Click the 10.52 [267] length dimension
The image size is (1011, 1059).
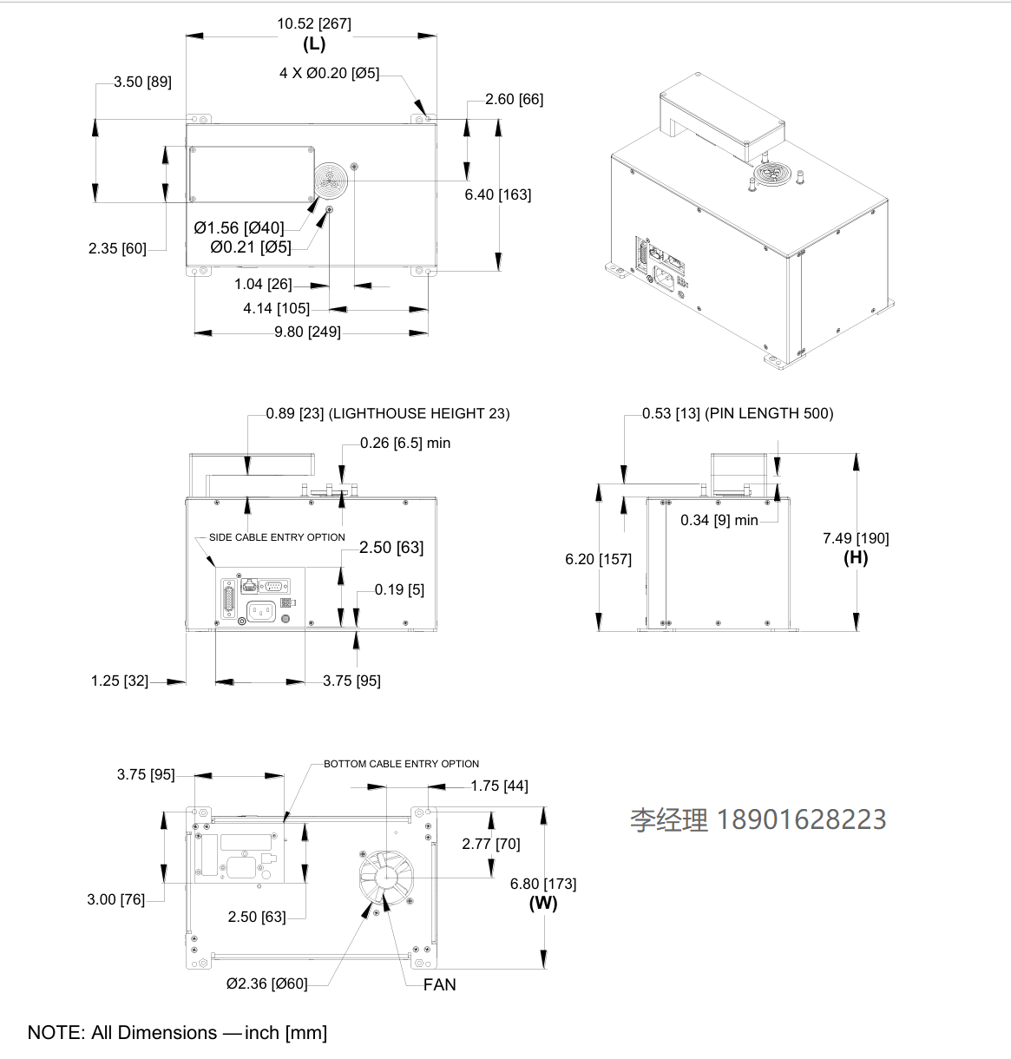(313, 23)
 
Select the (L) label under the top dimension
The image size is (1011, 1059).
(313, 43)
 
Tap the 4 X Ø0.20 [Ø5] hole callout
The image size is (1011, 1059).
(329, 73)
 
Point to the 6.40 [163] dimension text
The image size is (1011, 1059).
(497, 194)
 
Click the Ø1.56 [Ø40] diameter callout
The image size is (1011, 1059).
(239, 228)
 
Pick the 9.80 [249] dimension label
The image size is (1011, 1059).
(307, 332)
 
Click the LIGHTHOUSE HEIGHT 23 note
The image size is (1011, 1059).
(419, 413)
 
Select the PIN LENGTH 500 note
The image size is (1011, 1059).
(770, 413)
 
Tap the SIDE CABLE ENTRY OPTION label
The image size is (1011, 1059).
(277, 537)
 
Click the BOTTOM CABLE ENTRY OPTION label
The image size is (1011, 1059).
(401, 764)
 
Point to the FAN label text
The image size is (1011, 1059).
(440, 984)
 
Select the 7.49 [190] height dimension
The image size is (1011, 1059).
(856, 538)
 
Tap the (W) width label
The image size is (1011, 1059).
(543, 903)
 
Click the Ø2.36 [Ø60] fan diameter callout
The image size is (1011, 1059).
(266, 983)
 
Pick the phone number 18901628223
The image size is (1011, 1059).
(801, 819)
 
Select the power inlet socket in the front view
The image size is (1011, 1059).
(261, 612)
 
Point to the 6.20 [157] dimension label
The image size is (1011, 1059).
(598, 559)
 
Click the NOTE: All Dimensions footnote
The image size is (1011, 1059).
(177, 1032)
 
